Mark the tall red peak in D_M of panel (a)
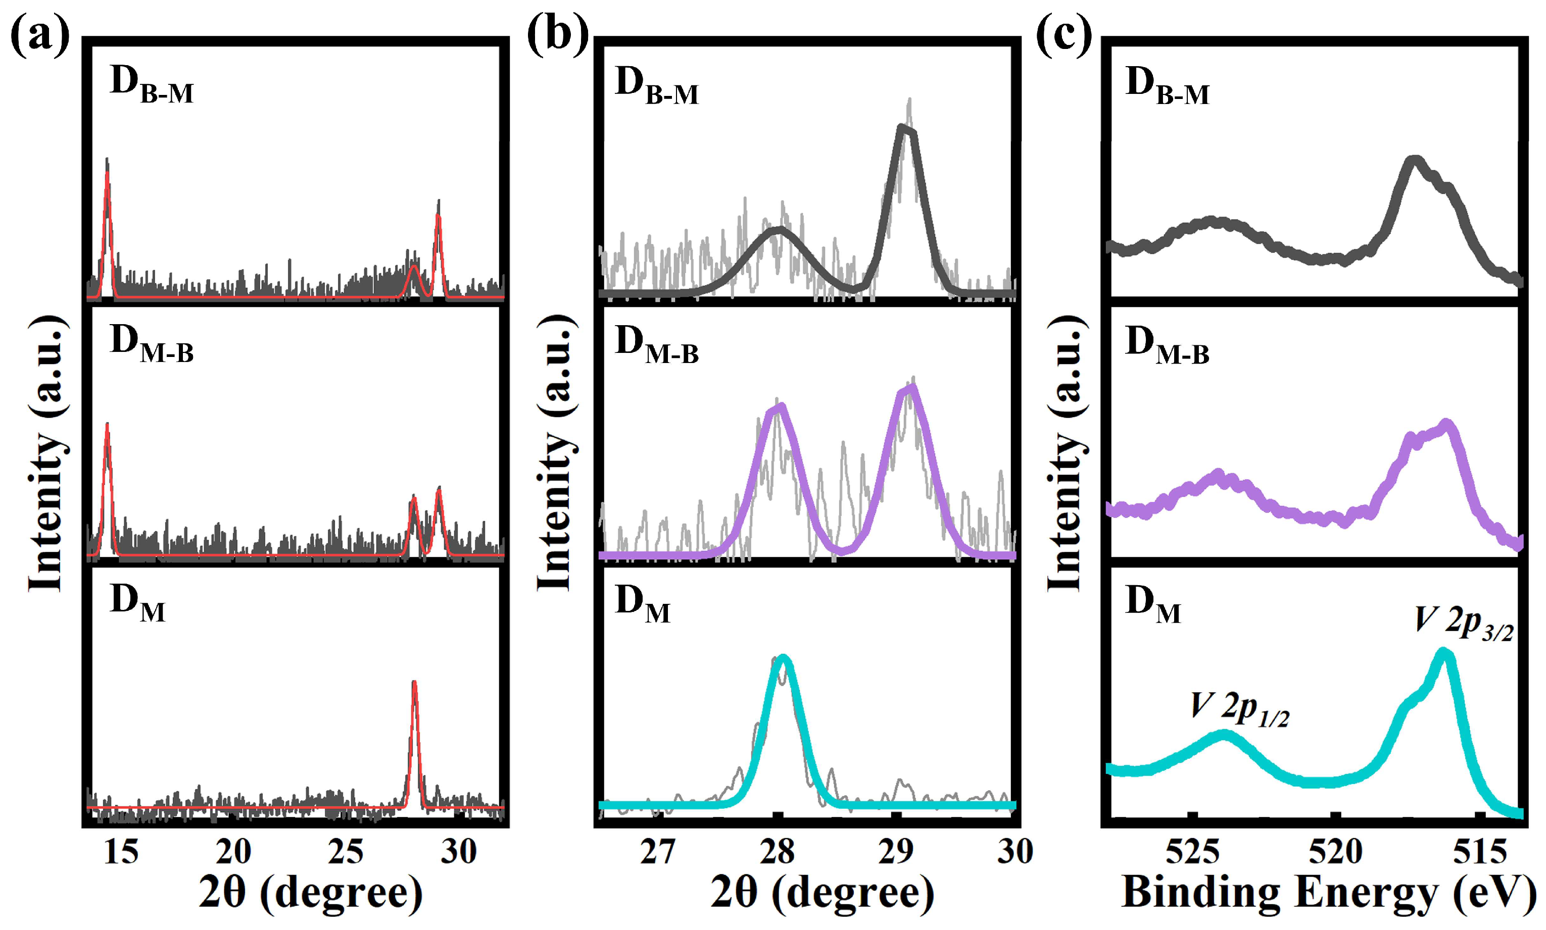pyautogui.click(x=414, y=684)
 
